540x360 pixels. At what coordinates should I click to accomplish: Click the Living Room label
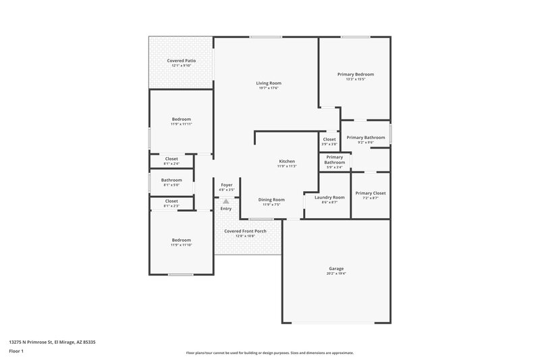point(268,83)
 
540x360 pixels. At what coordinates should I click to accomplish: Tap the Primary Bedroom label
point(356,74)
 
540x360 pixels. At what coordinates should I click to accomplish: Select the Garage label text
point(336,268)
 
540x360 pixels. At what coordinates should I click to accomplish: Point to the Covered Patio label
point(181,61)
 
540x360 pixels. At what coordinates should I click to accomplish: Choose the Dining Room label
point(272,199)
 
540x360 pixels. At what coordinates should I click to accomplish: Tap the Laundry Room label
point(329,197)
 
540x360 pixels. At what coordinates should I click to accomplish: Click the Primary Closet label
point(371,192)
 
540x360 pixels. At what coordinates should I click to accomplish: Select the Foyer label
point(227,184)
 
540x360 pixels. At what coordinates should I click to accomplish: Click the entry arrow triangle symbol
point(226,200)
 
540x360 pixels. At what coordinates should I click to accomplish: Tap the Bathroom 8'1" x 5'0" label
point(171,180)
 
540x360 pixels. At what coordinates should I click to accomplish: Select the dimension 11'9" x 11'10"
point(181,245)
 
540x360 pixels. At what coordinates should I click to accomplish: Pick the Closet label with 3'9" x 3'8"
point(329,139)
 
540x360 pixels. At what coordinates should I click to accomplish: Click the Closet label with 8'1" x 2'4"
point(171,159)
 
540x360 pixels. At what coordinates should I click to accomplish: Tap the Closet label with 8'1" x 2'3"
point(171,201)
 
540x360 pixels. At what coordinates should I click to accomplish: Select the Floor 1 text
point(16,352)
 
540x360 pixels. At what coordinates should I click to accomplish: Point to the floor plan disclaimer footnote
point(269,353)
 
